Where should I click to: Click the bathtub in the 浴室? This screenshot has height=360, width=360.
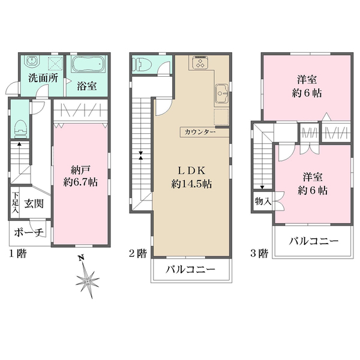88,64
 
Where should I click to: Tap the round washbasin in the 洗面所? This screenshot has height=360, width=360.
31,61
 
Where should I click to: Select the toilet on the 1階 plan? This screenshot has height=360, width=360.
20,129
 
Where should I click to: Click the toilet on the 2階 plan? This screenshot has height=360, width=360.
142,64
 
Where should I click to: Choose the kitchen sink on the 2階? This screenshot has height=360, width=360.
222,93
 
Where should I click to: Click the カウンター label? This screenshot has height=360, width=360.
200,132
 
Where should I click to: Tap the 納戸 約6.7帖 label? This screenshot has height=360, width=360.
80,176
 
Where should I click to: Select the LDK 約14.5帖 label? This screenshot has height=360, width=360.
191,177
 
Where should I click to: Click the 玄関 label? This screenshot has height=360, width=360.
34,203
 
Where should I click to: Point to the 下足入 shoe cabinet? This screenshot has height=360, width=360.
15,202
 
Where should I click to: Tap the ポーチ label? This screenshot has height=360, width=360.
29,232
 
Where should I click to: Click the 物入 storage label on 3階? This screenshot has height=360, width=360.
263,202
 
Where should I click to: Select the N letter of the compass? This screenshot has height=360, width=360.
80,258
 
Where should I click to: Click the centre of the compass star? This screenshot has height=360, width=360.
88,281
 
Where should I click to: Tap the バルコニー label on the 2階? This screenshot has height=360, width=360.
191,269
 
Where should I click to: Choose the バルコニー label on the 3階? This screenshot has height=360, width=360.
314,241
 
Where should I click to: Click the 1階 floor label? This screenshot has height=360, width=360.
17,253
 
